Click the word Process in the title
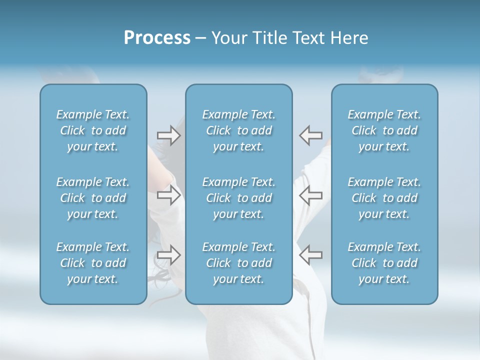157,38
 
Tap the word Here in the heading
349,38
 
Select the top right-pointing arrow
168,135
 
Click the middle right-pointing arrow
168,195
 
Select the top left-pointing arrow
310,135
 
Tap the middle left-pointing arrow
310,195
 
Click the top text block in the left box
93,130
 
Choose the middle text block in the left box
93,198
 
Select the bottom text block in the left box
93,263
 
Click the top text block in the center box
239,130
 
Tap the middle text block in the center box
239,198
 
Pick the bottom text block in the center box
239,263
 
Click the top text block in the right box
384,130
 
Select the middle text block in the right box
384,198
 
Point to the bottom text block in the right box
384,263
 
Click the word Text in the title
311,38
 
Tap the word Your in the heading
229,38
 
